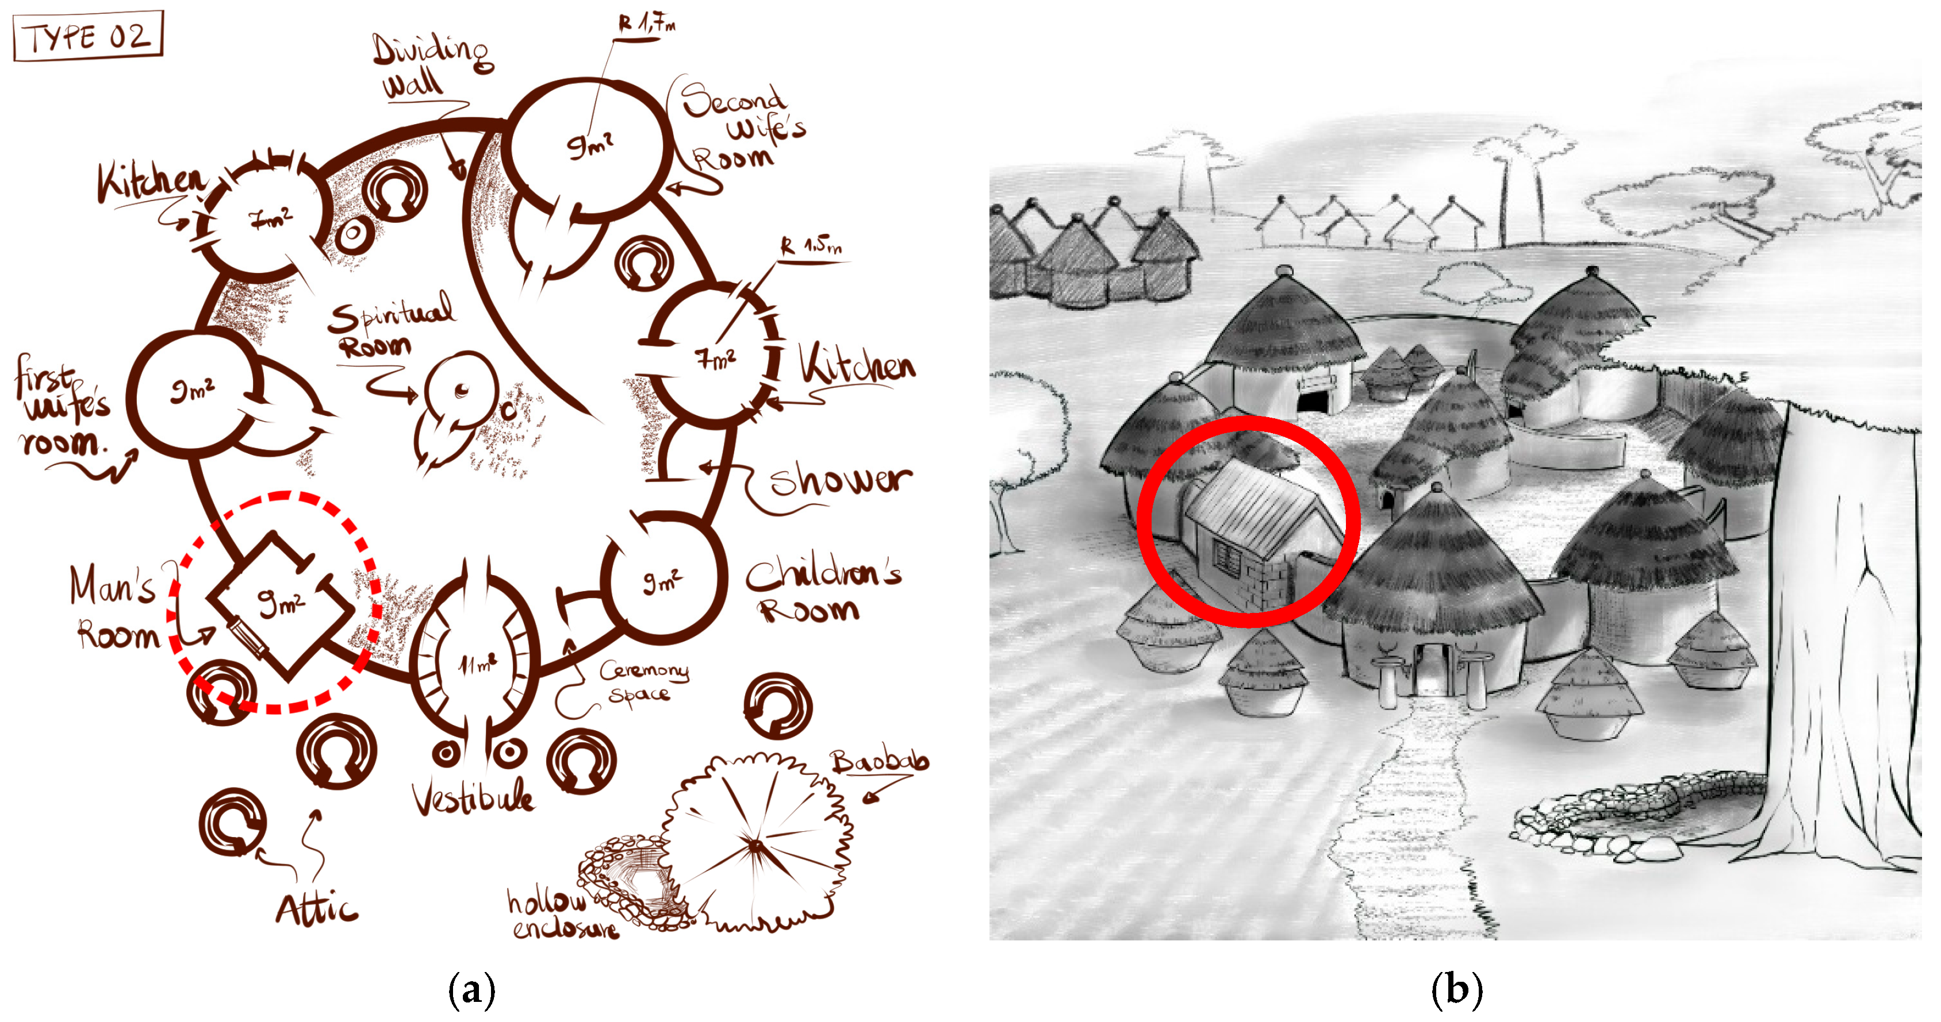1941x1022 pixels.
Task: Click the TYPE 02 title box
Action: point(88,36)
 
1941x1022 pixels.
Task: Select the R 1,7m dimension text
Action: point(646,24)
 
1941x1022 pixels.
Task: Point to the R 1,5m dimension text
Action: point(811,246)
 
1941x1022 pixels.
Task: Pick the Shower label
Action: point(840,480)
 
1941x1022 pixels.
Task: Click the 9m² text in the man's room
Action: point(281,603)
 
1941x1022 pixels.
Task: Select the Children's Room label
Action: point(822,591)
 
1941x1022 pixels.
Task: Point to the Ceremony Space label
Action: point(642,681)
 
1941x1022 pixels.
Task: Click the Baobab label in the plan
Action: point(879,762)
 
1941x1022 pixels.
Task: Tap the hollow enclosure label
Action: point(561,913)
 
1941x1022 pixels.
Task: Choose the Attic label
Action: point(316,909)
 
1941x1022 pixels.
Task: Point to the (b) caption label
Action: point(1456,989)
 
